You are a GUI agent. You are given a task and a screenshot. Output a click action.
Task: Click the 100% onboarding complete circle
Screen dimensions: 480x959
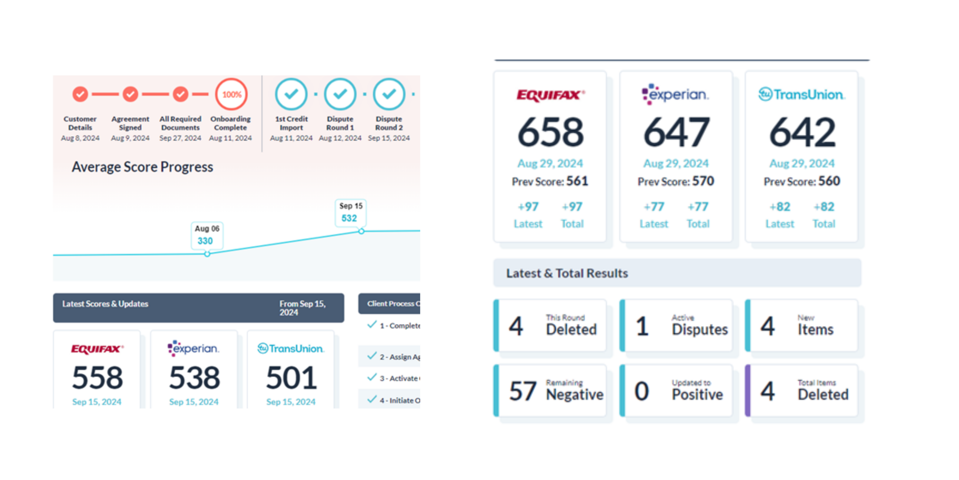(x=231, y=94)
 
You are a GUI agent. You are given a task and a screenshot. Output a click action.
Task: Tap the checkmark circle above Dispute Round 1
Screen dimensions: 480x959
(x=340, y=94)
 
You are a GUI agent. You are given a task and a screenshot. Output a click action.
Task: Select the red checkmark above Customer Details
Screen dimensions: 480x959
(x=80, y=94)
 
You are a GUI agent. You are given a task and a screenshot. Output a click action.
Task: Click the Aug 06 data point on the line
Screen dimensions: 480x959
(x=207, y=254)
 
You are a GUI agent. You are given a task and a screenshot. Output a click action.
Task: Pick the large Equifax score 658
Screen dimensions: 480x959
(x=550, y=132)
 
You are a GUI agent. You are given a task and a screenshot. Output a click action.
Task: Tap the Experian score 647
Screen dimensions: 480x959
(x=676, y=132)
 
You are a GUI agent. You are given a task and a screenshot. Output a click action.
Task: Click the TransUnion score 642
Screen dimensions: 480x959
(x=802, y=132)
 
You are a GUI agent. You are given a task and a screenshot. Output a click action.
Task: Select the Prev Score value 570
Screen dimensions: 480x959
(x=703, y=181)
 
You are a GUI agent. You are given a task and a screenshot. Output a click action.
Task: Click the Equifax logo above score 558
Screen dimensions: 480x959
(x=97, y=349)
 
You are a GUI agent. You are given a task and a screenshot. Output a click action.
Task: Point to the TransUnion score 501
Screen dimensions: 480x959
(x=291, y=377)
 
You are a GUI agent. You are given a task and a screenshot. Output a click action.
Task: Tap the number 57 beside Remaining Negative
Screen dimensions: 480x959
(x=523, y=391)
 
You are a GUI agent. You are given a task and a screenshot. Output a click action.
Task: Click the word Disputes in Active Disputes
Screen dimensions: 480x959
(x=700, y=329)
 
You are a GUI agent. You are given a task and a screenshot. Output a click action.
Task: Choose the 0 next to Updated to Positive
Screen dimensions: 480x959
(x=641, y=391)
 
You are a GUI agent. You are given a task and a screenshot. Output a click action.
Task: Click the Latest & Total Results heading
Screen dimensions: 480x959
(x=567, y=273)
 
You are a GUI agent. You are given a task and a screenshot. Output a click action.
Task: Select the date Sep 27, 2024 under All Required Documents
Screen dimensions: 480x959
(x=180, y=138)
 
